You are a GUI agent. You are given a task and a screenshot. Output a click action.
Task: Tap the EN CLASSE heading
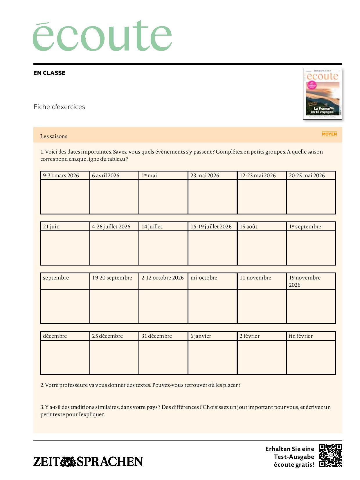pos(49,73)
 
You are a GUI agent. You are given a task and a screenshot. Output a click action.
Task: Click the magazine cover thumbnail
pos(322,94)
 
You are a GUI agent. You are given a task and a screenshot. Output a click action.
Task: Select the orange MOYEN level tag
pos(329,134)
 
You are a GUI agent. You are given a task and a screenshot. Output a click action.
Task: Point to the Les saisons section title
pos(54,136)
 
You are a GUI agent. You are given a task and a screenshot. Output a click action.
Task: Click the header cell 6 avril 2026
pos(114,175)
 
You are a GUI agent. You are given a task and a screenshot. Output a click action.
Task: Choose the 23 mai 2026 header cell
pos(212,175)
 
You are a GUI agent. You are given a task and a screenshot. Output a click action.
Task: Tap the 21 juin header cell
pos(65,226)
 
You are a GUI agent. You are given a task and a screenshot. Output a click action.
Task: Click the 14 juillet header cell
pos(163,226)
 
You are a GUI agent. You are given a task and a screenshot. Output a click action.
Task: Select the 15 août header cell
pos(261,226)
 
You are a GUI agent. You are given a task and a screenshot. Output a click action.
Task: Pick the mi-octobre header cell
pos(212,281)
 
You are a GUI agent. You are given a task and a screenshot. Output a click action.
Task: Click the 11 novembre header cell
pos(261,281)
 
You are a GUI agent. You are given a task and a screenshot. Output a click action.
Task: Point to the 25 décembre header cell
pos(114,336)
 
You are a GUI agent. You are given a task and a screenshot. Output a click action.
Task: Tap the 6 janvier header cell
pos(212,336)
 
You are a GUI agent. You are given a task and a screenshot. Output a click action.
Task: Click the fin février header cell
pos(311,336)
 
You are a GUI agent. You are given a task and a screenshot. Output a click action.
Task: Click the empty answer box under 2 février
pos(261,357)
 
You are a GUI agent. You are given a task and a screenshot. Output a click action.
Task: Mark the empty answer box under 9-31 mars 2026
pos(65,197)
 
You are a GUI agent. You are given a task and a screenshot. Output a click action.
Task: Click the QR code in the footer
pos(330,455)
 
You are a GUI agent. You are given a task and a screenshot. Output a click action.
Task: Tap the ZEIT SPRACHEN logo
pos(88,461)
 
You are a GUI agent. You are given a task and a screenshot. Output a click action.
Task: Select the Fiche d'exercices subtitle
pos(60,107)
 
